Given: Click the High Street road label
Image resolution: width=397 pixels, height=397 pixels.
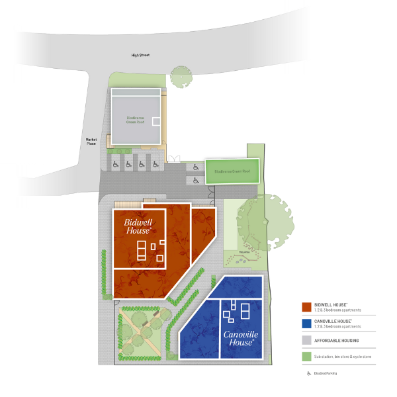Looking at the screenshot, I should click(140, 56).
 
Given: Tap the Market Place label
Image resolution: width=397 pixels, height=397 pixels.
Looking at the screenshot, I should click(91, 142).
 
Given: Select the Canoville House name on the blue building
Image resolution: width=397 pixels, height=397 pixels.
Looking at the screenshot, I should click(240, 339).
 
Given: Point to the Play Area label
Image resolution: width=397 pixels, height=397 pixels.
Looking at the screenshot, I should click(243, 252).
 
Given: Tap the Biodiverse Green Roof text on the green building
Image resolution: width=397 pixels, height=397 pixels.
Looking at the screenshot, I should click(232, 171).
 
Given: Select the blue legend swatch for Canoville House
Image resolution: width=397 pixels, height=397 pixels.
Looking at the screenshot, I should click(306, 324).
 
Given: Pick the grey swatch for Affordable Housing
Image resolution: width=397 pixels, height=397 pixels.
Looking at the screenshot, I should click(306, 340).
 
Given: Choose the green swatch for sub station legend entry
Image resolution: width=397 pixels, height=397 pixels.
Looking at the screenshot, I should click(306, 357).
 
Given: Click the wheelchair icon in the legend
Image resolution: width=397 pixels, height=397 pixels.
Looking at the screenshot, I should click(308, 373).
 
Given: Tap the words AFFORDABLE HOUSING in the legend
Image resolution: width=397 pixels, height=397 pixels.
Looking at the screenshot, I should click(337, 340).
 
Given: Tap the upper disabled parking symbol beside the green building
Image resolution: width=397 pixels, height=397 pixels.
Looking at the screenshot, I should click(196, 167).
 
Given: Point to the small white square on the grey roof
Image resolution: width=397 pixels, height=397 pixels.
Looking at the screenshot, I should click(157, 121).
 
